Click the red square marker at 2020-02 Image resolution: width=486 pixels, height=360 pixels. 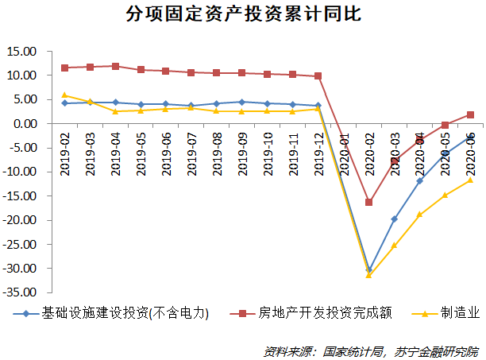tap(368, 202)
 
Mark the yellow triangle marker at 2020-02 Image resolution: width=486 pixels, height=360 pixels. tap(368, 275)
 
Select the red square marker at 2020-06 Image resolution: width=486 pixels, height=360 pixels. tap(470, 115)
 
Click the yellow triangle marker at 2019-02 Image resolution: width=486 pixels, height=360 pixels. tap(64, 95)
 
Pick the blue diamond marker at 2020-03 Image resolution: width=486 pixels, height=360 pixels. tap(394, 219)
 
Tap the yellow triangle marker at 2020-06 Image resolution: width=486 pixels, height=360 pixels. tap(470, 180)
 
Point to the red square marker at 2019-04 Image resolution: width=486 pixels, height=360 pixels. tap(115, 66)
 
